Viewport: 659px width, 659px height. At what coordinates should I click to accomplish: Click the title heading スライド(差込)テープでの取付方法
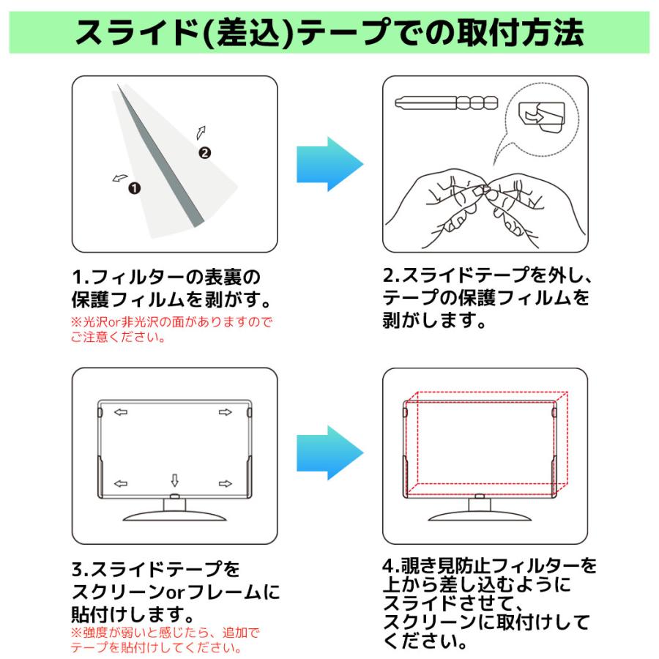point(329,31)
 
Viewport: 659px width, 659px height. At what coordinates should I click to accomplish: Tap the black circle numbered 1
point(134,188)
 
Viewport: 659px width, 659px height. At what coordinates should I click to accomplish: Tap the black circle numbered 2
point(205,152)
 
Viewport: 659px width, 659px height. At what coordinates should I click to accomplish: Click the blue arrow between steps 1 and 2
point(329,164)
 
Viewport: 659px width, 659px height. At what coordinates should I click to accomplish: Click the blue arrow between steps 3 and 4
point(329,456)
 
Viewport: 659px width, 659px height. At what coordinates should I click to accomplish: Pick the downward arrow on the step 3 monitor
point(174,480)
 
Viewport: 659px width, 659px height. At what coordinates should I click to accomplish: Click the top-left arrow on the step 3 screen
point(121,412)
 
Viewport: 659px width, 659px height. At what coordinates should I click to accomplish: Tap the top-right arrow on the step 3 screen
point(226,412)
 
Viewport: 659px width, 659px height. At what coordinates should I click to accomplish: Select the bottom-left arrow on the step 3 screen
point(121,483)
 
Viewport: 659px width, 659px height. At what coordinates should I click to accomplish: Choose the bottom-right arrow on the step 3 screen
point(226,483)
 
